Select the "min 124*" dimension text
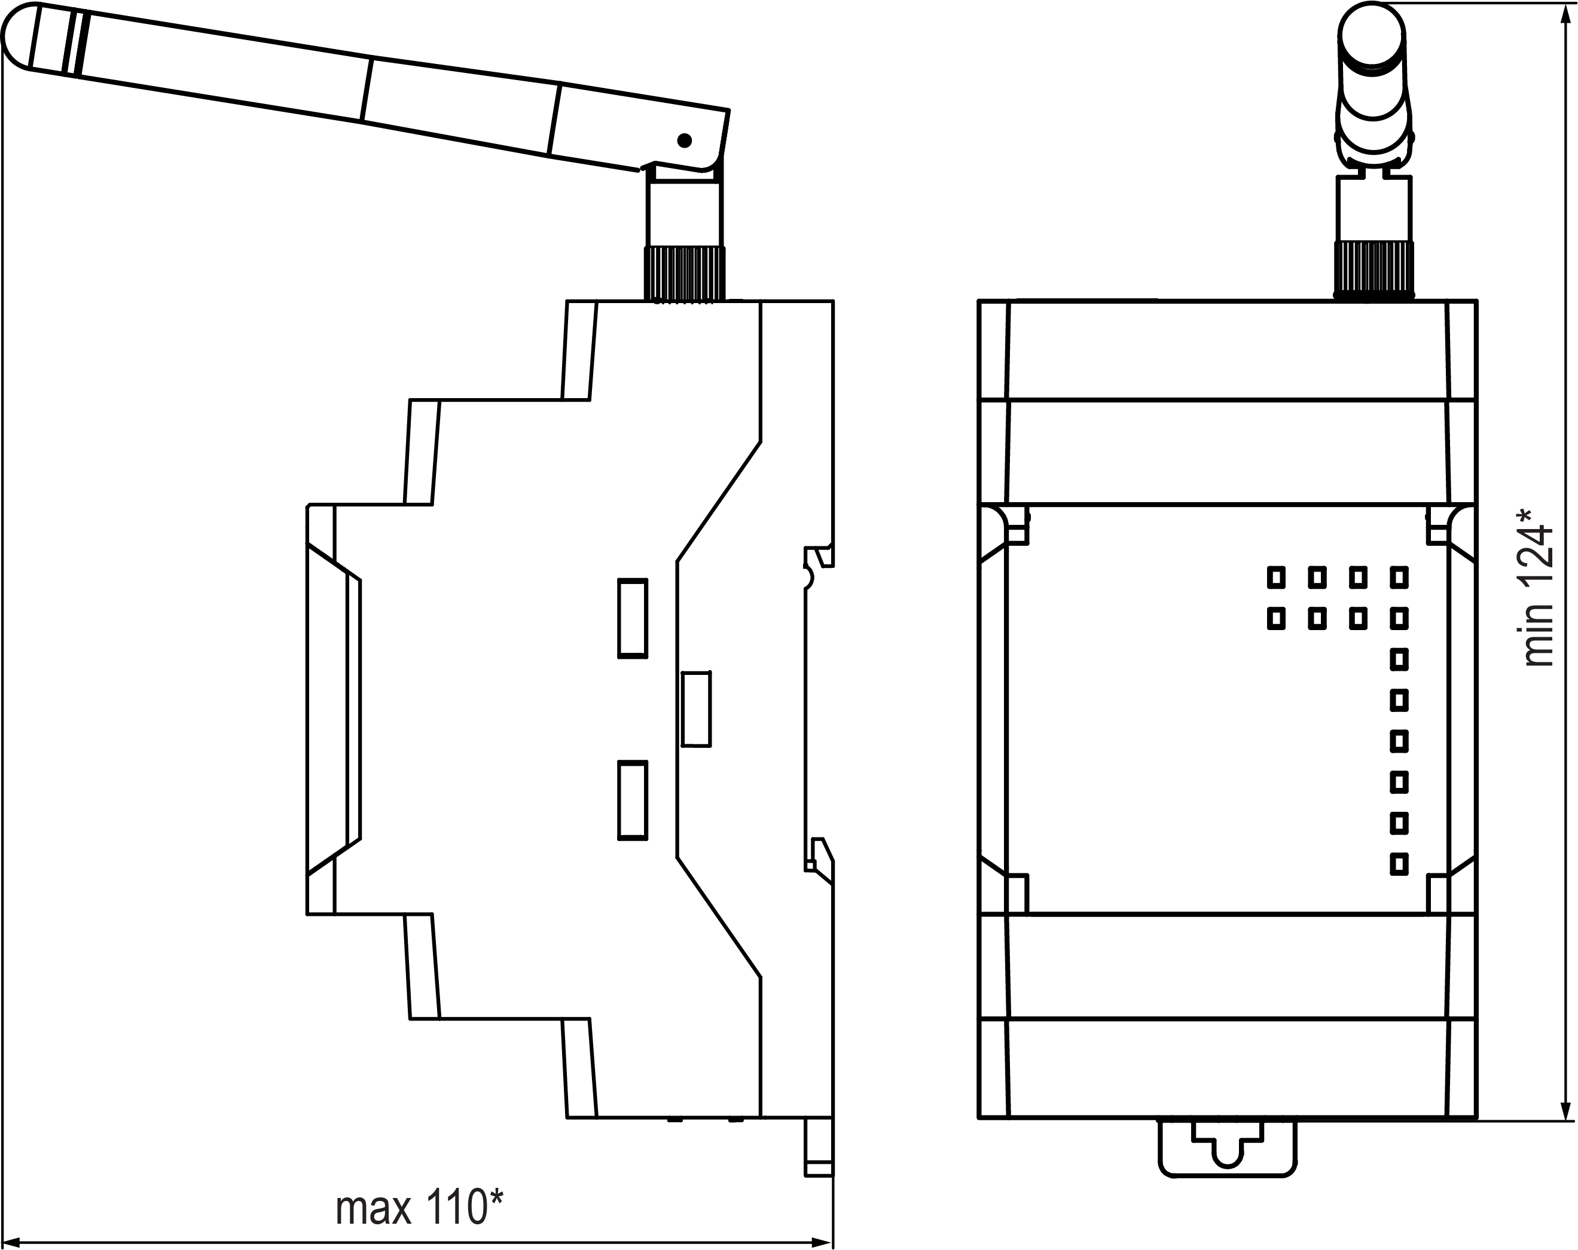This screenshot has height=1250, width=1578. tap(1538, 588)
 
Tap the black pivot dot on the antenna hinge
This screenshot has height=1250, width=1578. tap(684, 140)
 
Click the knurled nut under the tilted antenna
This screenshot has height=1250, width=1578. tap(684, 274)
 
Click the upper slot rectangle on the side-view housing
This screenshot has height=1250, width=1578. tap(633, 618)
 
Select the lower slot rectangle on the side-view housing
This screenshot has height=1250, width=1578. tap(633, 800)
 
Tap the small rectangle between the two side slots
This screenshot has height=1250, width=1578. tap(696, 709)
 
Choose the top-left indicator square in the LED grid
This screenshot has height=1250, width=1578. tap(1277, 578)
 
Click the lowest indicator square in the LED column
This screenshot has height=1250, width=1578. tap(1399, 864)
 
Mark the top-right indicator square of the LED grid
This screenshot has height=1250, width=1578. tap(1399, 578)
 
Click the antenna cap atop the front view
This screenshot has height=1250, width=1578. tap(1372, 36)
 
